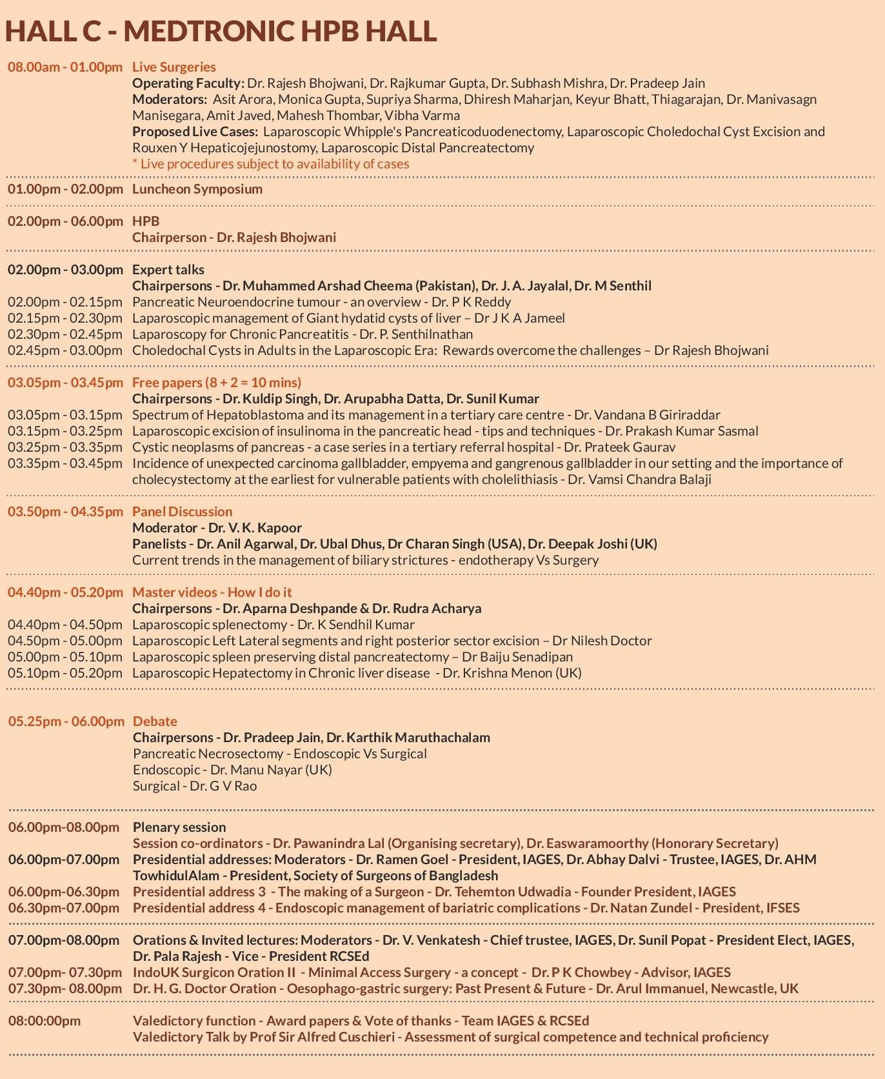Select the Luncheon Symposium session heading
tap(197, 189)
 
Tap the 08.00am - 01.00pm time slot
tap(65, 67)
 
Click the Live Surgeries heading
tap(174, 67)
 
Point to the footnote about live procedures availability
tap(271, 164)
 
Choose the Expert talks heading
tap(168, 270)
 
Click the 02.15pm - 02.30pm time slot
tap(65, 318)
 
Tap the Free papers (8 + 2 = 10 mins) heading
tap(217, 383)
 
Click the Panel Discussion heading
tap(182, 512)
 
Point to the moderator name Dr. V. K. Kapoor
tap(255, 528)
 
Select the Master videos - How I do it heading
tap(212, 592)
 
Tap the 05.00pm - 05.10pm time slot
tap(65, 657)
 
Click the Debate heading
tap(155, 721)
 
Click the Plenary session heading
tap(179, 827)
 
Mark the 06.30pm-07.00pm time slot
tap(64, 908)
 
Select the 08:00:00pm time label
tap(45, 1021)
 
